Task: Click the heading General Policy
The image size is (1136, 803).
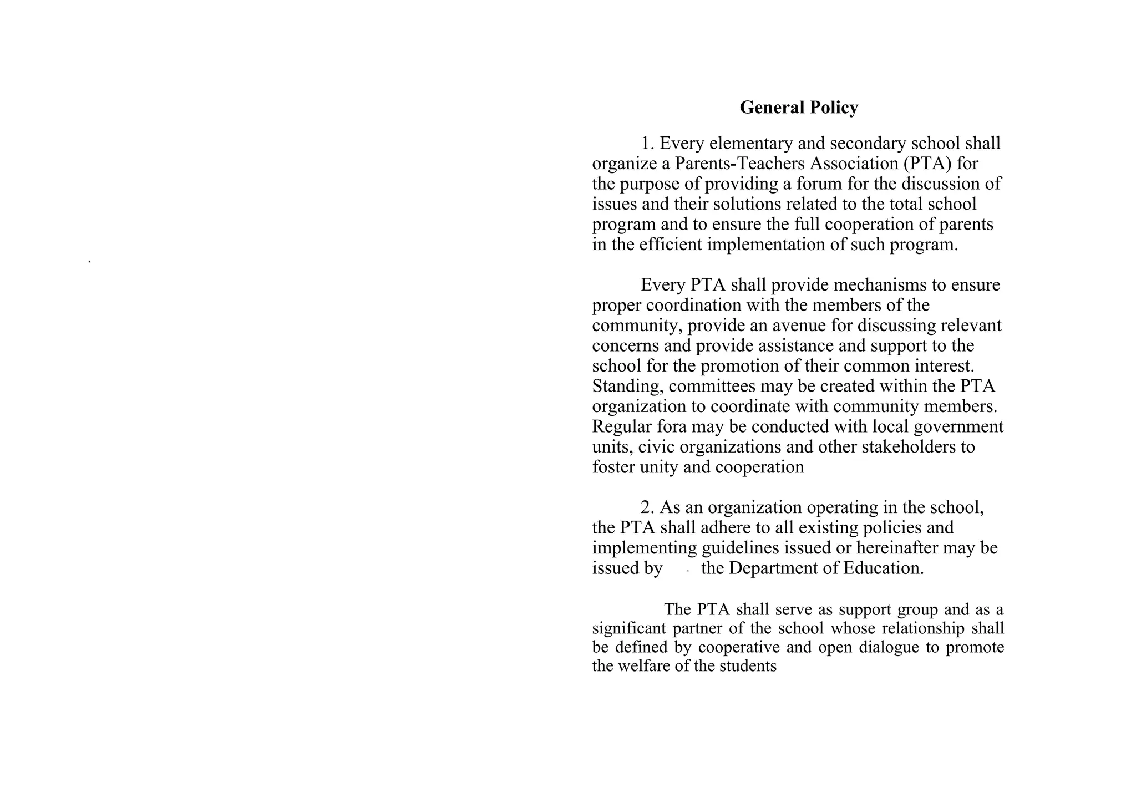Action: [799, 108]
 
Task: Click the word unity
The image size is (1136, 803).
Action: [659, 467]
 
